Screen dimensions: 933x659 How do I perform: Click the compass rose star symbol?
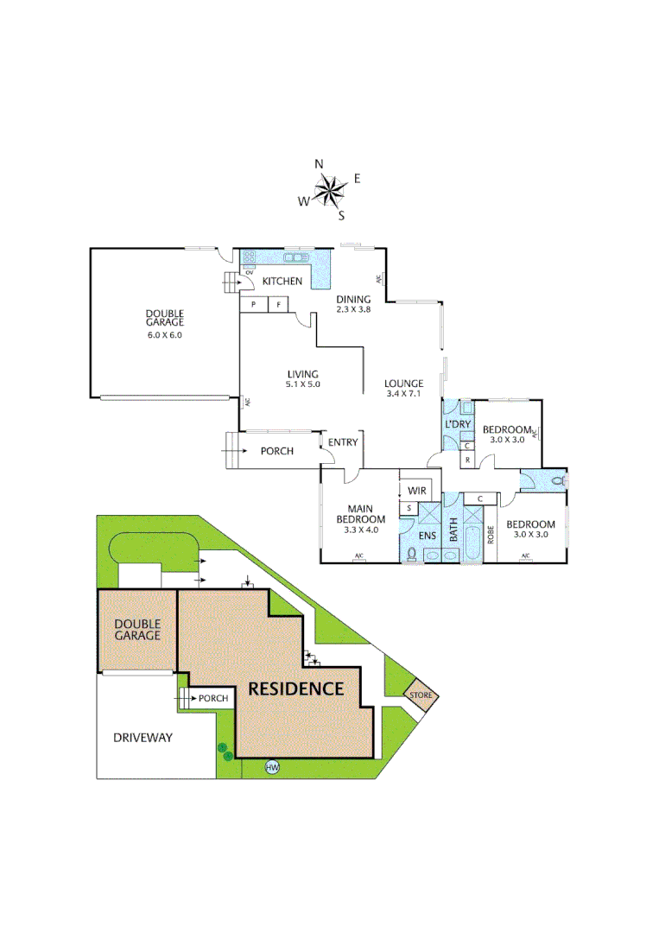328,190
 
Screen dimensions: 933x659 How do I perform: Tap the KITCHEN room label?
282,281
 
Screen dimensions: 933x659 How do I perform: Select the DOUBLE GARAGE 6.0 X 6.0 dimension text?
164,334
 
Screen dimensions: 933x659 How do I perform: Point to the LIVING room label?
302,374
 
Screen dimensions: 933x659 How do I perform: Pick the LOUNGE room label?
403,384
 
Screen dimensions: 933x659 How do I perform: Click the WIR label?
418,491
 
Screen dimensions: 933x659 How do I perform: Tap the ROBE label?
491,534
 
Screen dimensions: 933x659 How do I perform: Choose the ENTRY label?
343,442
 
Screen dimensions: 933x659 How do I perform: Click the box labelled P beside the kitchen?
254,305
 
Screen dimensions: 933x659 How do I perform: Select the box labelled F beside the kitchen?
279,305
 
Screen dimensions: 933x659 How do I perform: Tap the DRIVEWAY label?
143,738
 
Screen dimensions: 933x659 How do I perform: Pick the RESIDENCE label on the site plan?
296,689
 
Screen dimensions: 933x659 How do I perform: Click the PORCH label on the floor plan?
276,451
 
